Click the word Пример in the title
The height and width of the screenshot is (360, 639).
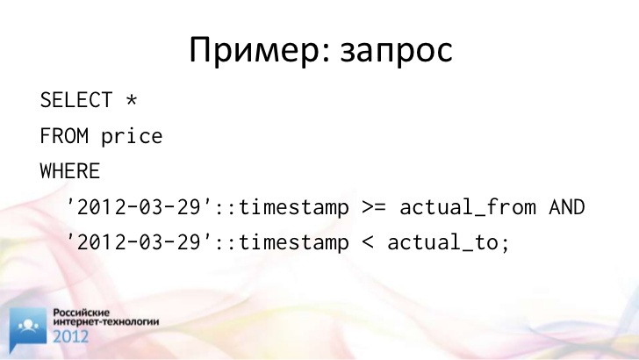(256, 51)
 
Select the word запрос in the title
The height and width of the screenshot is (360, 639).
(397, 54)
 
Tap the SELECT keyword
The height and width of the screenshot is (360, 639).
(76, 100)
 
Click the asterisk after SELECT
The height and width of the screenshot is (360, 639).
(132, 99)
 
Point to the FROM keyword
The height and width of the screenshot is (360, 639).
(64, 136)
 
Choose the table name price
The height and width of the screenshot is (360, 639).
(132, 137)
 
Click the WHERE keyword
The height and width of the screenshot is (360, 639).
(70, 171)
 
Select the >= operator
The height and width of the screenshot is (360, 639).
(374, 207)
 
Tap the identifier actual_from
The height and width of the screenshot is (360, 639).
(468, 207)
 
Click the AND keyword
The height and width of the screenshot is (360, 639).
(567, 206)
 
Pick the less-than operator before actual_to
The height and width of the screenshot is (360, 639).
(368, 243)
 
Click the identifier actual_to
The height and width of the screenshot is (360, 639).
(443, 243)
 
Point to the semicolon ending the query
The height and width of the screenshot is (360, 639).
(506, 245)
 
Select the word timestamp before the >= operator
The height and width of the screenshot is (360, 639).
(294, 207)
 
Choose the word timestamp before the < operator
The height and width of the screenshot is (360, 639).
(294, 243)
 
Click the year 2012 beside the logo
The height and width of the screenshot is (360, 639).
(70, 336)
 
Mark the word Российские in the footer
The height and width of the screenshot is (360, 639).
(82, 313)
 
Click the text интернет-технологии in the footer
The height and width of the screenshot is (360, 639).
(106, 321)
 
